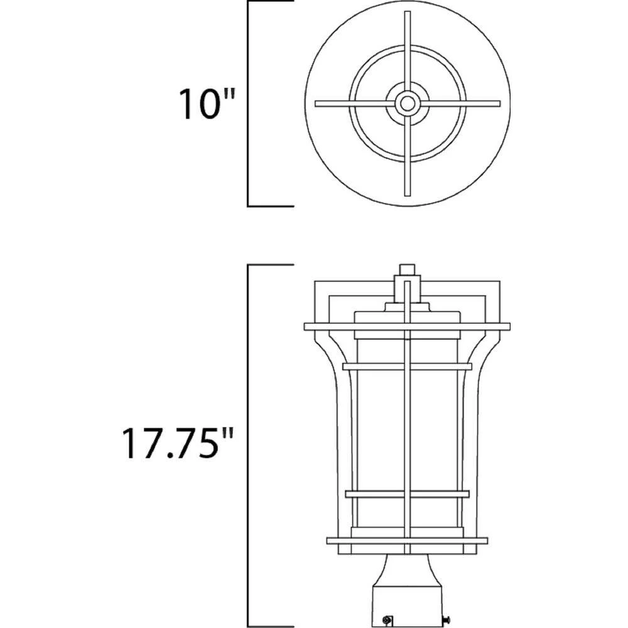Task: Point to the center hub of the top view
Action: click(408, 104)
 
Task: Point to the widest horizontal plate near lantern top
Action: click(408, 327)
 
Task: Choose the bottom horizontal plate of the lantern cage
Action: click(408, 541)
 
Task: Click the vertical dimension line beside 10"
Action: click(249, 104)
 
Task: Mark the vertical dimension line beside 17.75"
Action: click(249, 446)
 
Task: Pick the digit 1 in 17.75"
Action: click(129, 444)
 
